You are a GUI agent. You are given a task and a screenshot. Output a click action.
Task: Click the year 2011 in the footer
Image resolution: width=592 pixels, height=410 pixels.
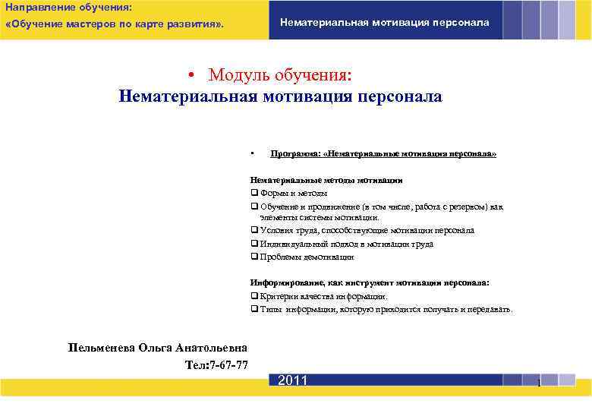click(292, 380)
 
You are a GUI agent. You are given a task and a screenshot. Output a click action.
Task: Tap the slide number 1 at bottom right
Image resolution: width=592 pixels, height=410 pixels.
click(538, 383)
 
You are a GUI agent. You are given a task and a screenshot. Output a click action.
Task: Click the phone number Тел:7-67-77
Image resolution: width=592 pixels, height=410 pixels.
click(216, 364)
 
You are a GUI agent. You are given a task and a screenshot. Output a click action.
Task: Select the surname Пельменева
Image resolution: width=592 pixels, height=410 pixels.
click(101, 348)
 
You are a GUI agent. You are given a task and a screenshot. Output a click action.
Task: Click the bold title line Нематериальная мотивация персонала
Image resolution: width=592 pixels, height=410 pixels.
click(280, 97)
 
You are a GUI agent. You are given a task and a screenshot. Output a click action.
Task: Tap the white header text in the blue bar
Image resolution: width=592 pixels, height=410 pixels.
click(385, 22)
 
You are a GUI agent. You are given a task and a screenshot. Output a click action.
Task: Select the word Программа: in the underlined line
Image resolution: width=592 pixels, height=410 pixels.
click(295, 153)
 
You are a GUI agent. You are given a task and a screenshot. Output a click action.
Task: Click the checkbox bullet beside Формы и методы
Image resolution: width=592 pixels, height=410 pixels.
click(254, 194)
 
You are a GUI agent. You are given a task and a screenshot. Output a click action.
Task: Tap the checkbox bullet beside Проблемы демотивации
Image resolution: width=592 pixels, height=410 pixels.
click(254, 257)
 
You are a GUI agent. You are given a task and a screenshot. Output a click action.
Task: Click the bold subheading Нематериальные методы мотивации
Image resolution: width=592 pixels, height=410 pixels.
click(326, 181)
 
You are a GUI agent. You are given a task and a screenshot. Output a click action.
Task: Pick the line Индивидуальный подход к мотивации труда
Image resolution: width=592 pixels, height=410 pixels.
click(346, 244)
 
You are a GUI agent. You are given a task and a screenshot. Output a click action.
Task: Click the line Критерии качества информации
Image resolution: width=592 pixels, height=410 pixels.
click(323, 296)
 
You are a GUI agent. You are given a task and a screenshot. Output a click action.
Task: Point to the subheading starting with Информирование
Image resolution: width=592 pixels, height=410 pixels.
click(370, 282)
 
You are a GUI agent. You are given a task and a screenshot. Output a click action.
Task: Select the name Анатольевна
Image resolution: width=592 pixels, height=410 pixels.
click(212, 348)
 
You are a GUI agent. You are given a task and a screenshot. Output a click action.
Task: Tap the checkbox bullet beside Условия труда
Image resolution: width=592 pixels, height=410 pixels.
click(254, 230)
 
